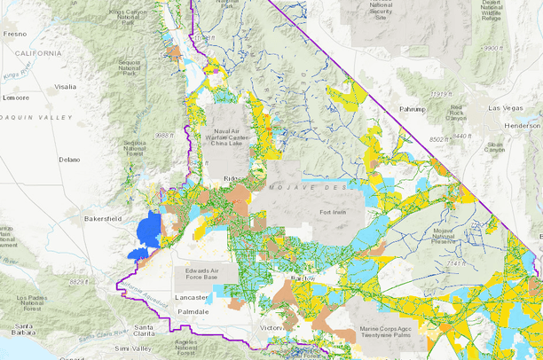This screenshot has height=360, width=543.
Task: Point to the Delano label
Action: [x=70, y=160]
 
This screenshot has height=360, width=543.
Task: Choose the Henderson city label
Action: [x=523, y=126]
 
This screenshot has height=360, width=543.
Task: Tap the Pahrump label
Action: [x=413, y=108]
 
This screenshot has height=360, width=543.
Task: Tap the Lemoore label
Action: [x=15, y=98]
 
